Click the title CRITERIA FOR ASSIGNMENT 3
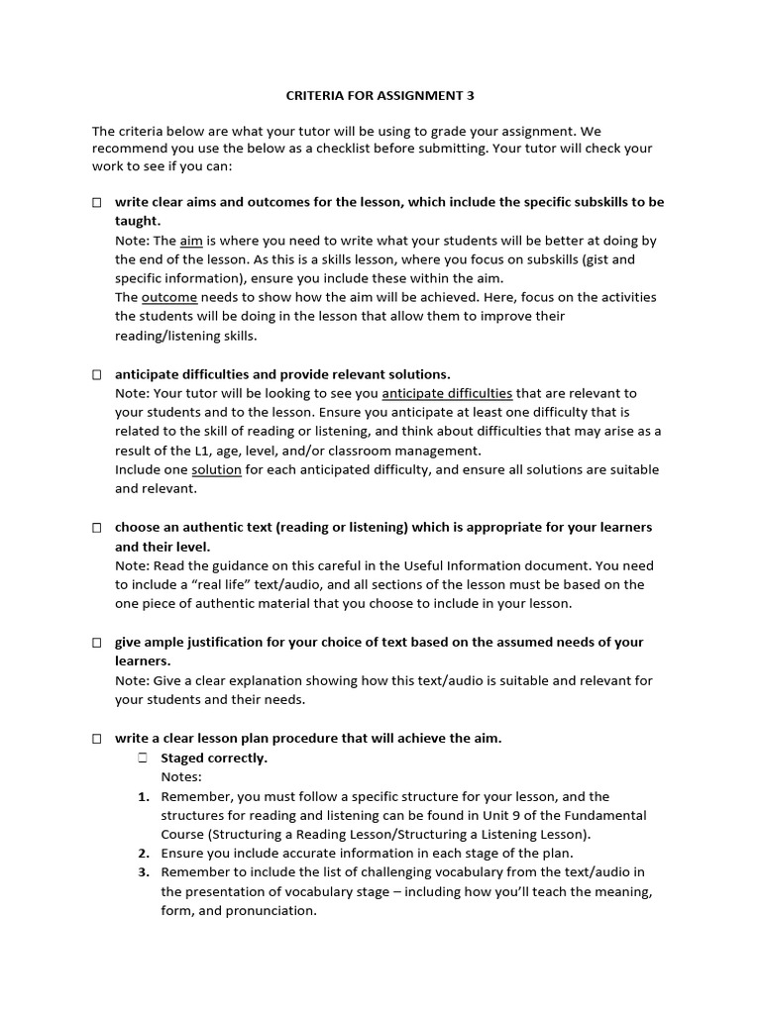pos(380,96)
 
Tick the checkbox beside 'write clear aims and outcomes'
pos(97,202)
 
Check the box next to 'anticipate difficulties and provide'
pos(97,374)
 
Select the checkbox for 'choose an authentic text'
pos(97,528)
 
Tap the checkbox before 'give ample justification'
pos(97,643)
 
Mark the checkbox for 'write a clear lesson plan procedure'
pos(97,739)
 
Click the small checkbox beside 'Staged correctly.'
pos(143,758)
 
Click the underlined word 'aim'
pos(191,241)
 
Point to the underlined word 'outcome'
pos(169,298)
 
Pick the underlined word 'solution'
pos(216,470)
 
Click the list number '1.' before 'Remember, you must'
pos(144,796)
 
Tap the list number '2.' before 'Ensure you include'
pos(144,854)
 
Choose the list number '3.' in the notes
pos(144,872)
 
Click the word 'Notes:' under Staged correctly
pos(181,777)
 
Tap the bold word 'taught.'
pos(138,221)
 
